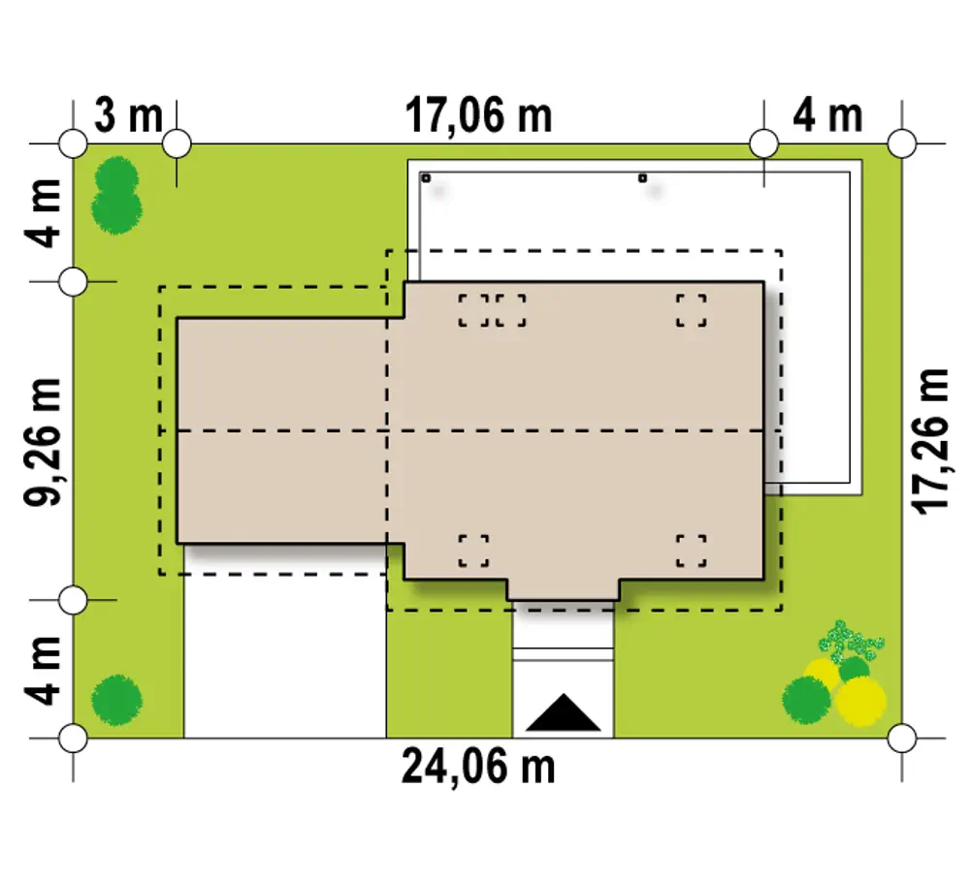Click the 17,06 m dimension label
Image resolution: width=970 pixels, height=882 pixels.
[478, 115]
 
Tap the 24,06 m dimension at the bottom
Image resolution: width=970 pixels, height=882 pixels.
[478, 767]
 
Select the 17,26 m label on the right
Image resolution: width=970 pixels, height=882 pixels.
[930, 441]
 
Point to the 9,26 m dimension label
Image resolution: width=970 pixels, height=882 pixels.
[44, 441]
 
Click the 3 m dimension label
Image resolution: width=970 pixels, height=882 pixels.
[129, 115]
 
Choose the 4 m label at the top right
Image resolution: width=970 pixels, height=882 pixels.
[827, 115]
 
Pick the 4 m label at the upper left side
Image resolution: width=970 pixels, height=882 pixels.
[44, 213]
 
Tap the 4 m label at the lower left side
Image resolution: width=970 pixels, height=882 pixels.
[44, 671]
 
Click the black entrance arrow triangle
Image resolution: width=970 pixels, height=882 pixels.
[563, 714]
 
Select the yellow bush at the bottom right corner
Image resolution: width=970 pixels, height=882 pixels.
[860, 701]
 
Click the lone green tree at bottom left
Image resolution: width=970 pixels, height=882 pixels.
[116, 700]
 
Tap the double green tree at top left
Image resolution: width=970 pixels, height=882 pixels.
[116, 196]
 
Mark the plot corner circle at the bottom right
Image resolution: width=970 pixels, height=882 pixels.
[901, 738]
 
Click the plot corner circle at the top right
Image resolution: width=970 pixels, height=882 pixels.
[901, 144]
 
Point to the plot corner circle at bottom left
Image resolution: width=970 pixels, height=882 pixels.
[73, 738]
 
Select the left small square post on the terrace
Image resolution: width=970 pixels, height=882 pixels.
[426, 178]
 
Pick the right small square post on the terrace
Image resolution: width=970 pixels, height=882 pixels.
[642, 178]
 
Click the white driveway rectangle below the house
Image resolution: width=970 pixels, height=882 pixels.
[285, 655]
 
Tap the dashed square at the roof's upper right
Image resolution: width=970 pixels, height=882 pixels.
[691, 310]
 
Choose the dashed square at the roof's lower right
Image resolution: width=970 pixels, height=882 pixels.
[691, 551]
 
